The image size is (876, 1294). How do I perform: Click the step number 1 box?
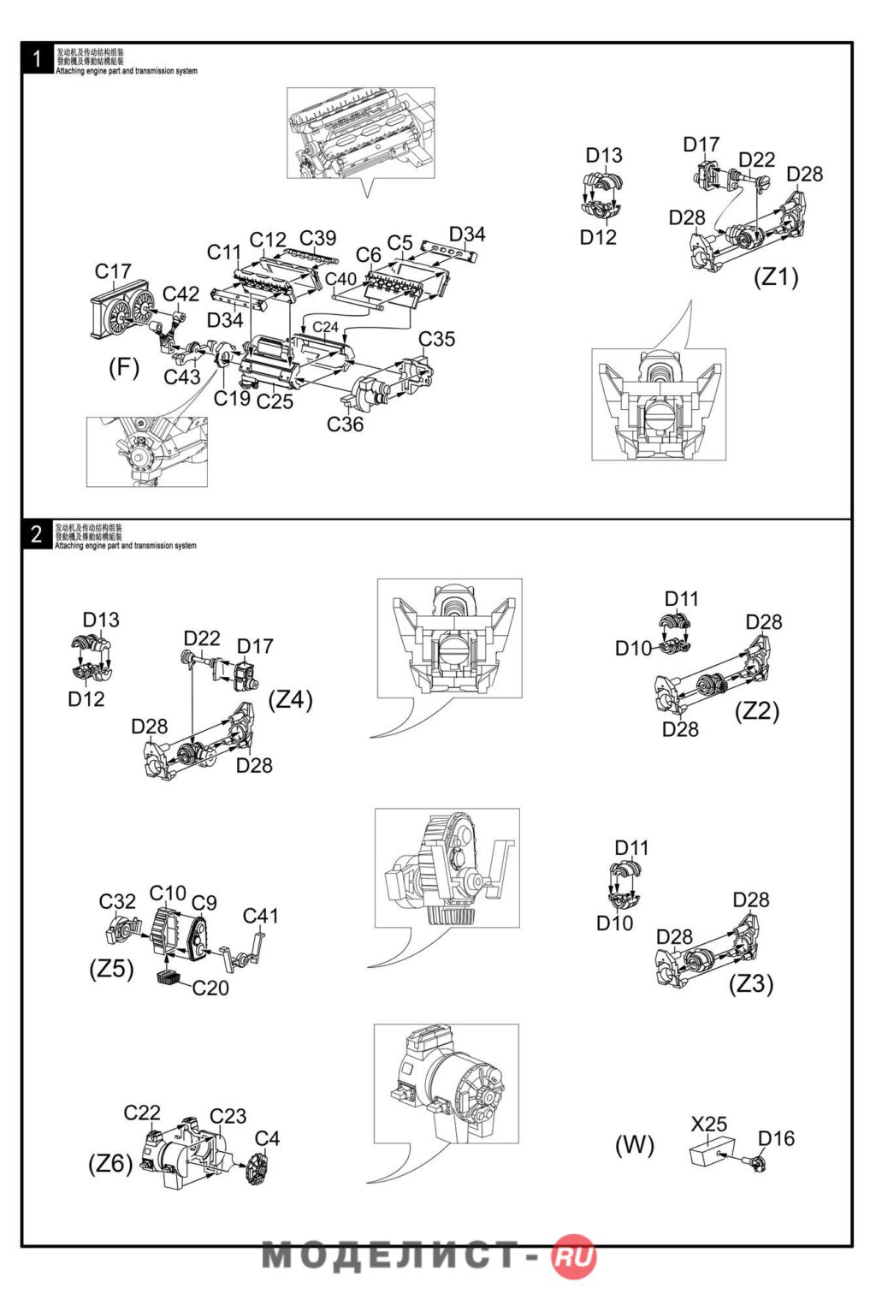click(37, 59)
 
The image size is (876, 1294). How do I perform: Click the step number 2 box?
click(37, 534)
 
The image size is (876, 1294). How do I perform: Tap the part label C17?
click(113, 271)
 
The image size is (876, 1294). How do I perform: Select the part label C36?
click(345, 424)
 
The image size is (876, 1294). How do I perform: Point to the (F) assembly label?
click(123, 368)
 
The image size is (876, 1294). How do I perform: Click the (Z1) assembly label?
click(775, 277)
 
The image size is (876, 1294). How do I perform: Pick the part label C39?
click(317, 238)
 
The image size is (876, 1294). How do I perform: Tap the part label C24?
click(325, 327)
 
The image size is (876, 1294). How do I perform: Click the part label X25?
click(709, 1124)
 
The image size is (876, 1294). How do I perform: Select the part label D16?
click(776, 1138)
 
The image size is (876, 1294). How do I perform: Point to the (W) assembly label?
click(634, 1145)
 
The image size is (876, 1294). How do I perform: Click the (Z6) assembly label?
click(110, 1164)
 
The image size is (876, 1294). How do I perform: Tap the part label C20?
click(210, 988)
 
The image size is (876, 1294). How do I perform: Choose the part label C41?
click(261, 916)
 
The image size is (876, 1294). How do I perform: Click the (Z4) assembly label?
click(291, 699)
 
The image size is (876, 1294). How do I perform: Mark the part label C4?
click(267, 1138)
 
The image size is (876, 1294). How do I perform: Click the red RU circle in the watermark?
click(574, 1256)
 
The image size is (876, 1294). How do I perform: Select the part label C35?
click(436, 339)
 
